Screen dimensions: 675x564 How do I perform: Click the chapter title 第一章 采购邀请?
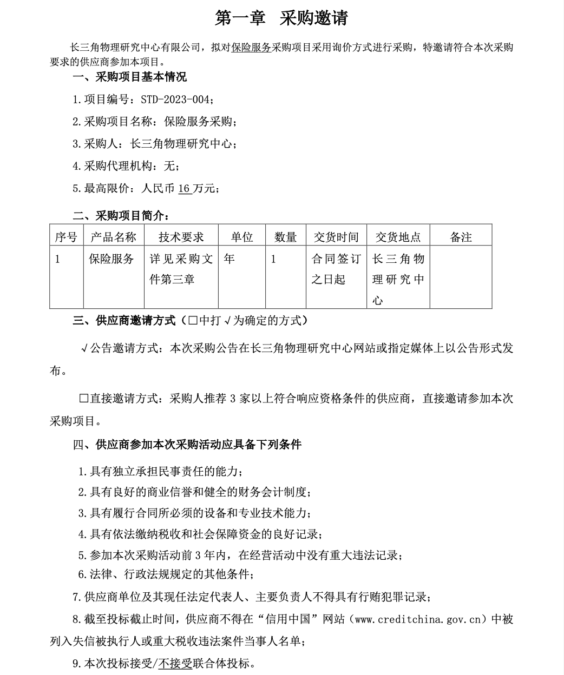click(281, 18)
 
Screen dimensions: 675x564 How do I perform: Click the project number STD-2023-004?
click(176, 100)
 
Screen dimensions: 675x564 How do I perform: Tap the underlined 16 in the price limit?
click(185, 188)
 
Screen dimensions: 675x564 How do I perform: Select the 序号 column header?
click(66, 237)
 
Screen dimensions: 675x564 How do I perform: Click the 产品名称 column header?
click(113, 237)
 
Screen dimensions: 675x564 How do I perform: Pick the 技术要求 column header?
click(181, 237)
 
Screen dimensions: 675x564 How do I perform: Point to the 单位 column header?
click(241, 237)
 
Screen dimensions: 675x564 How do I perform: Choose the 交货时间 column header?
click(336, 237)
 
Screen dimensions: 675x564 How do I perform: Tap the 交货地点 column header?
click(398, 237)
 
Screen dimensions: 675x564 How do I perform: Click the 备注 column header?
click(461, 237)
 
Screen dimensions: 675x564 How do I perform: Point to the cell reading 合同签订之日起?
click(336, 269)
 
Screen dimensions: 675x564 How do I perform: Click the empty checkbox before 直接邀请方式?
click(84, 399)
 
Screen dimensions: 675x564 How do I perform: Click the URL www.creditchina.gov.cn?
click(417, 619)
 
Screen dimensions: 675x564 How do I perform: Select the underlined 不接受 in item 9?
click(175, 663)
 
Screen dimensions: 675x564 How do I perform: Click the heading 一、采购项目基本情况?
click(129, 77)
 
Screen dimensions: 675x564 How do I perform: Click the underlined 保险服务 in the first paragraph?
click(251, 48)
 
